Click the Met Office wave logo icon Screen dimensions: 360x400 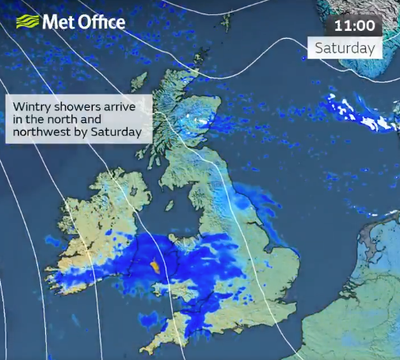pyautogui.click(x=26, y=21)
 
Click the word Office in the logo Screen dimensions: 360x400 pyautogui.click(x=101, y=21)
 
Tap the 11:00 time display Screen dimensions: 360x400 pyautogui.click(x=354, y=25)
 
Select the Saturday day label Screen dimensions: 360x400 pyautogui.click(x=345, y=48)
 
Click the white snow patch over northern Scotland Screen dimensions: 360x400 pyautogui.click(x=198, y=123)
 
